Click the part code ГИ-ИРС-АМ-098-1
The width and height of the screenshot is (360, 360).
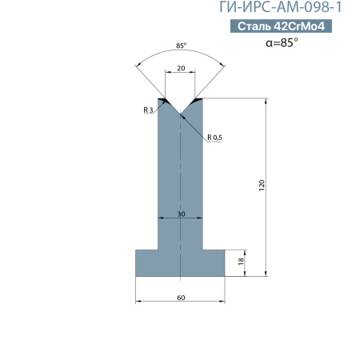point(280,7)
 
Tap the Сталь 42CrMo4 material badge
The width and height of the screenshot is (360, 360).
point(281,26)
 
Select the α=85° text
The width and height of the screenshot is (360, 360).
point(282,42)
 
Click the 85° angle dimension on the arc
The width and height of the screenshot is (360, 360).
point(181,46)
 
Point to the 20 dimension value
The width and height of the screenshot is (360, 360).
point(181,68)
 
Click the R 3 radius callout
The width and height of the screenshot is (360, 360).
point(148,110)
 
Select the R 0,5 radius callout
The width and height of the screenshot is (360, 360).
point(214,138)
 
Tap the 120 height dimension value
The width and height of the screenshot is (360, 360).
point(262,185)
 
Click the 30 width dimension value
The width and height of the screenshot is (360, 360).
point(181,214)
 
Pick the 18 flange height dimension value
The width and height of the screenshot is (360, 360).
point(241,261)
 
